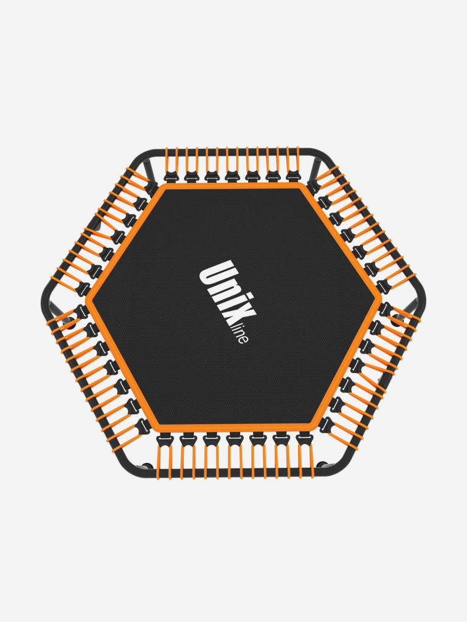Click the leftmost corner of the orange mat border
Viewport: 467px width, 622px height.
[x=86, y=298]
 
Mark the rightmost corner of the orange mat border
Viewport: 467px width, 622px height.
[x=382, y=298]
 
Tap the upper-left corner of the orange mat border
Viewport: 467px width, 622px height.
[x=162, y=184]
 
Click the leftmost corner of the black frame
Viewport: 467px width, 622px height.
[x=42, y=298]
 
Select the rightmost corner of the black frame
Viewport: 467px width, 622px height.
[x=425, y=298]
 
